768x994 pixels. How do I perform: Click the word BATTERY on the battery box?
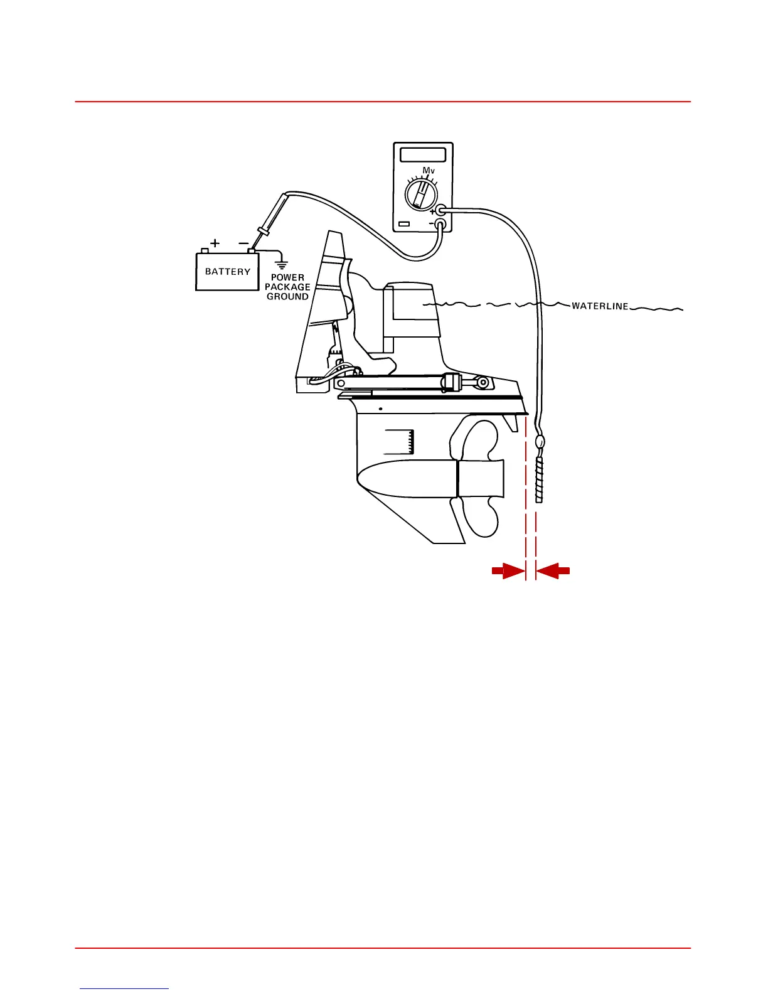click(x=228, y=272)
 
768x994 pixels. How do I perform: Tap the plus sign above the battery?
click(x=215, y=242)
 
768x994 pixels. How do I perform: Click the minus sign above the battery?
click(x=243, y=243)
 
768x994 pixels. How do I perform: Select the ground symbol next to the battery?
click(x=282, y=264)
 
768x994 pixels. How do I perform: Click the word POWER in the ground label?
click(x=287, y=277)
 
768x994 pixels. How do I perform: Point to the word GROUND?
click(x=287, y=296)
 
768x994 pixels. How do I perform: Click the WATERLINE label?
click(x=600, y=306)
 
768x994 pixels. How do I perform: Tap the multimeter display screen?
click(x=423, y=154)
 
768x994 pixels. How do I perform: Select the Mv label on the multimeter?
click(x=429, y=171)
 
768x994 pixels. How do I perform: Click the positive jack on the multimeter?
click(x=441, y=211)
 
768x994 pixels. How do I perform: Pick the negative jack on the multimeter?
click(x=440, y=223)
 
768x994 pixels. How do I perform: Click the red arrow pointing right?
click(x=507, y=570)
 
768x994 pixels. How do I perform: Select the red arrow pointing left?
click(x=554, y=570)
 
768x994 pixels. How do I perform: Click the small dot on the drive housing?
click(x=380, y=409)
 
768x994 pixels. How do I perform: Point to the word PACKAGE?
click(x=287, y=287)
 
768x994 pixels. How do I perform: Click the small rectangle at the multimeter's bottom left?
click(x=404, y=224)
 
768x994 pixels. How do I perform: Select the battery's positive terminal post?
click(x=204, y=250)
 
